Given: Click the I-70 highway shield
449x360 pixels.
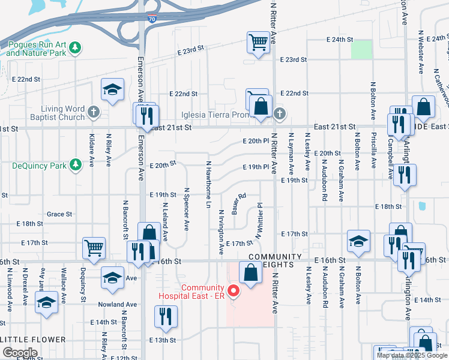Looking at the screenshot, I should coord(153,20).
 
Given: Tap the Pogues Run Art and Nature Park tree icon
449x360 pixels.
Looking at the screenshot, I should coord(75,47).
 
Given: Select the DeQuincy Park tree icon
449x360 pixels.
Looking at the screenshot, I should coord(75,164).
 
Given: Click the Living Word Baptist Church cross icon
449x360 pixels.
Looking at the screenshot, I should coord(93,112).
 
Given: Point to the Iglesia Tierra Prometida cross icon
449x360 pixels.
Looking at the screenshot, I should coord(279,113).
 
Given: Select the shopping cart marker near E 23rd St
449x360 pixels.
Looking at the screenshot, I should coord(258,43).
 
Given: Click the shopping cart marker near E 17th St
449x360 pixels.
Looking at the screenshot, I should coord(94,246).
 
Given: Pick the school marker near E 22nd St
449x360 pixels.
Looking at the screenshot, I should coord(112,89).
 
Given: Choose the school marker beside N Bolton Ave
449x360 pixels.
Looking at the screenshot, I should coord(358,241).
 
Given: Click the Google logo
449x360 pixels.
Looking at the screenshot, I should coord(20,353).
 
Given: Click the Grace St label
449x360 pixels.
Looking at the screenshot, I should coord(59,214).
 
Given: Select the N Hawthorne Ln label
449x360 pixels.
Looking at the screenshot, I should coord(209,184).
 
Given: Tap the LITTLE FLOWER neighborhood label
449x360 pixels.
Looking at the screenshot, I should coord(34,340).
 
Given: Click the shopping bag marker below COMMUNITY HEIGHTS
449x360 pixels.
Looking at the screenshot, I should coord(250,272).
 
